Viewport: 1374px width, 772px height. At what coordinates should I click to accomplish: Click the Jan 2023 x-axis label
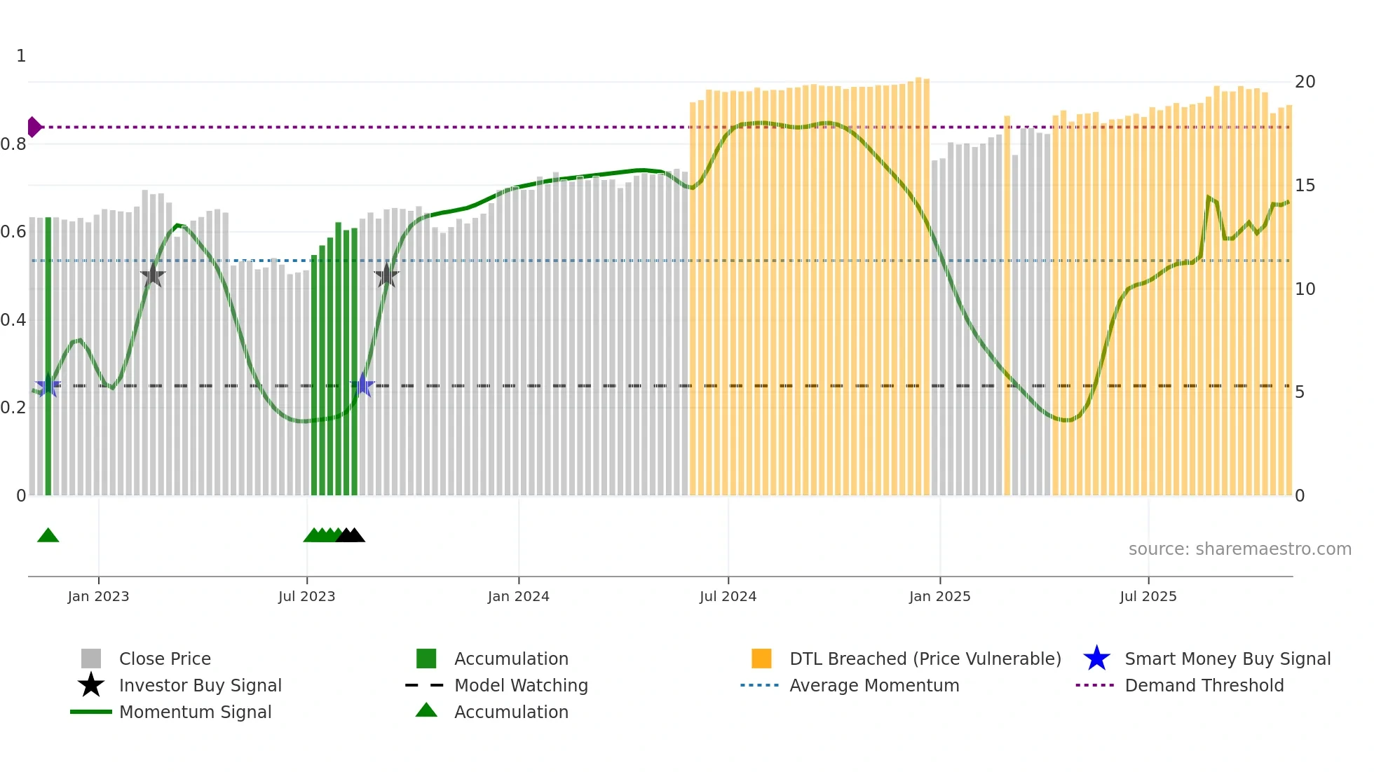pos(98,596)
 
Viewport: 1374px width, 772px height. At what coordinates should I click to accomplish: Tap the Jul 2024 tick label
pos(728,596)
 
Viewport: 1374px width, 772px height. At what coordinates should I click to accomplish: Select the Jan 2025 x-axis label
pos(939,596)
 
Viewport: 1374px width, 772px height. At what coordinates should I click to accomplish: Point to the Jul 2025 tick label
pos(1148,596)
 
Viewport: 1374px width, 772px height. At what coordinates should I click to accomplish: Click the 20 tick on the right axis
pos(1305,82)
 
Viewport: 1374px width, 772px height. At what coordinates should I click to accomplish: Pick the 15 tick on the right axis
pos(1305,186)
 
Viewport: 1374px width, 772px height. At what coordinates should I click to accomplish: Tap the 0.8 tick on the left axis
pos(13,144)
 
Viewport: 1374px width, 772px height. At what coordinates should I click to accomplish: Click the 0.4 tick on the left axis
pos(13,320)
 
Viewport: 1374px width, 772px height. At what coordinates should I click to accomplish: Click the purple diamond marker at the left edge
pos(34,127)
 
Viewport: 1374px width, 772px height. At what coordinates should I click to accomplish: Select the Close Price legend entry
pos(165,659)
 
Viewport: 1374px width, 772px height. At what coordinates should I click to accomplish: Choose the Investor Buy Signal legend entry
pos(200,685)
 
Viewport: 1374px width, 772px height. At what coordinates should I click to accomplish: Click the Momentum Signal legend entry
pos(195,712)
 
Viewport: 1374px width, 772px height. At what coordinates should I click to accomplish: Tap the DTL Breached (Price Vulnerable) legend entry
pos(925,659)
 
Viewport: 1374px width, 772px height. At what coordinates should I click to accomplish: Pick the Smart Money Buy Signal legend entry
pos(1227,659)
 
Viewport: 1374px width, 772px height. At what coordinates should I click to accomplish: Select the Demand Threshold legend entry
pos(1204,685)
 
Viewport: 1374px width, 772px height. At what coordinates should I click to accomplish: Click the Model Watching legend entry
pos(521,685)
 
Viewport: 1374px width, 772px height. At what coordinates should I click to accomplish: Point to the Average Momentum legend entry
pos(873,685)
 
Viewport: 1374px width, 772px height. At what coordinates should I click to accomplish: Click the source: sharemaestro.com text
pos(1239,549)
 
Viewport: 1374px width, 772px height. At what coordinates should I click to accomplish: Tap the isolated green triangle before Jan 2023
pos(48,536)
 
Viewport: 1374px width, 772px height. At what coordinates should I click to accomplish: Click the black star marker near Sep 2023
pos(386,275)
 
